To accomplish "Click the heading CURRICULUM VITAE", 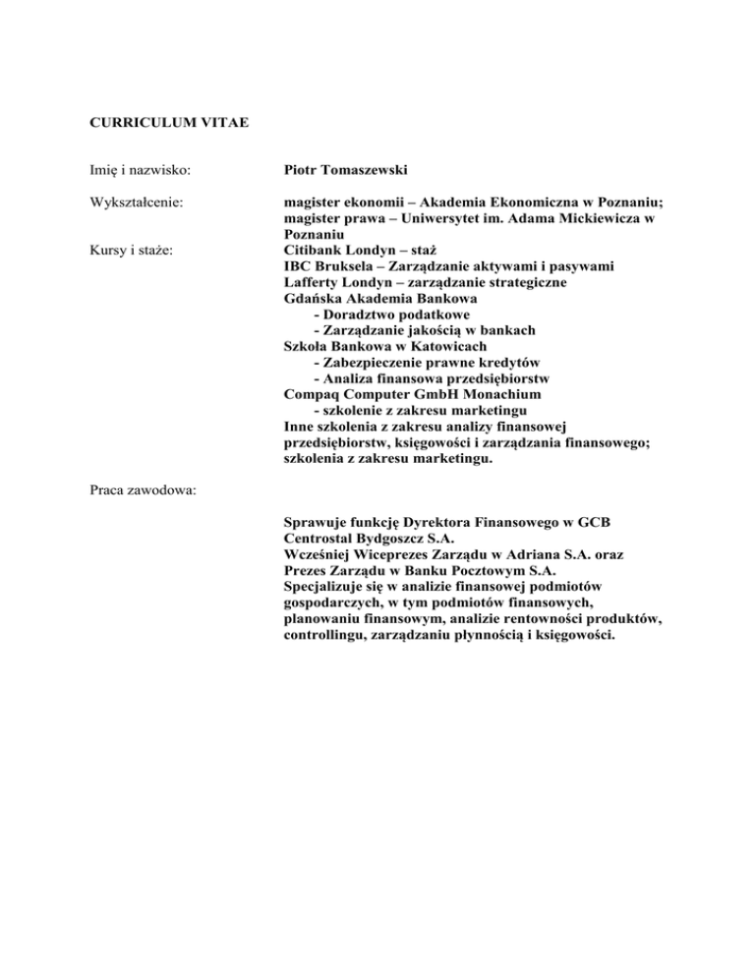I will click(x=161, y=123).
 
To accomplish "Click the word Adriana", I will click(x=499, y=555).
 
